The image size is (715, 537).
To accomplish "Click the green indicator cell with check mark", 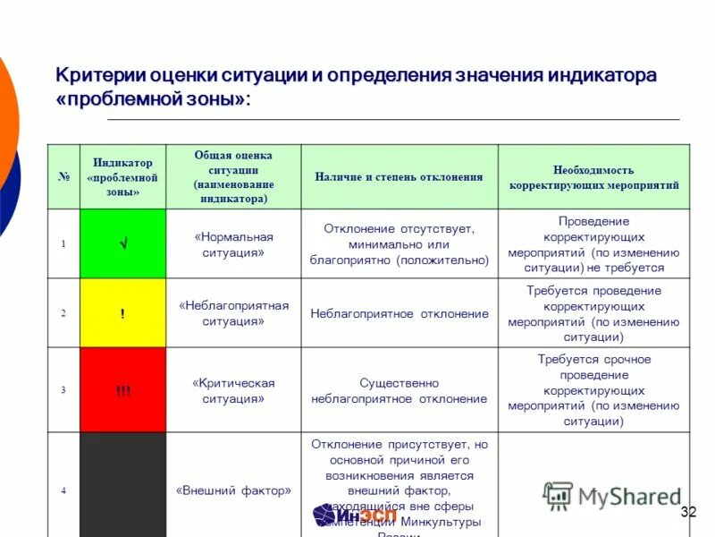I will click(x=122, y=243).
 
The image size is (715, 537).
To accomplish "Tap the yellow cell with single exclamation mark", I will click(x=122, y=313).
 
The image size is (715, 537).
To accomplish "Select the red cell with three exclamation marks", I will click(x=122, y=390).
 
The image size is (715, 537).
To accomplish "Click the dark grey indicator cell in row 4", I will click(x=122, y=488).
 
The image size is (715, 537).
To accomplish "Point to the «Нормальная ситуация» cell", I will click(x=233, y=243).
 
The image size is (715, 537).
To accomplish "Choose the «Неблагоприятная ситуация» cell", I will click(x=233, y=313).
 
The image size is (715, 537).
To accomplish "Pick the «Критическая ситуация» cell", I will click(x=233, y=390).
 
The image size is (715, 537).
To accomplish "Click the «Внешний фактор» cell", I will click(x=233, y=490).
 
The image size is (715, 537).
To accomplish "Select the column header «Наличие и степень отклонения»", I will click(x=399, y=177).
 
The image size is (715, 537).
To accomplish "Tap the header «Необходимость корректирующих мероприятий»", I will click(x=593, y=177).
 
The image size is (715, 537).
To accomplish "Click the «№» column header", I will click(x=63, y=177).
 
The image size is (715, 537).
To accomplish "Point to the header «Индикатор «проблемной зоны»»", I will click(x=122, y=177).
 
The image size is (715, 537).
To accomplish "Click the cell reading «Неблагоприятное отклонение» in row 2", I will click(x=399, y=314).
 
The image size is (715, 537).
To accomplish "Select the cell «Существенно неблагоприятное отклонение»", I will click(x=399, y=390).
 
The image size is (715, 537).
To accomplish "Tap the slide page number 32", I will click(x=687, y=512).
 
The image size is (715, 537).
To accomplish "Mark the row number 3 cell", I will click(x=63, y=390).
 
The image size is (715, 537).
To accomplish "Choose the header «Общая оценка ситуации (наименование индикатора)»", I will click(x=233, y=177).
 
